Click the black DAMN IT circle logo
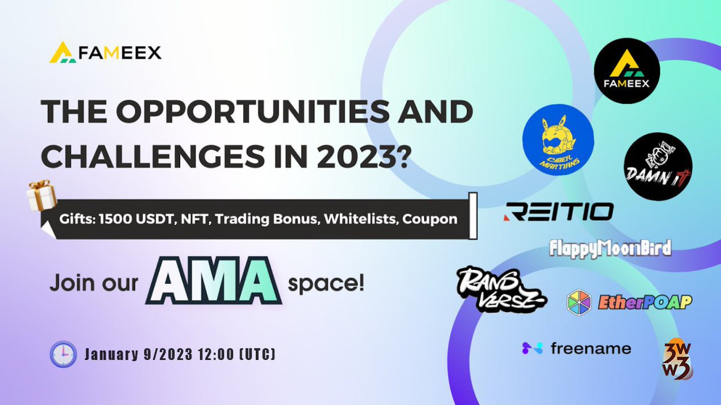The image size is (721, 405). coord(657,166)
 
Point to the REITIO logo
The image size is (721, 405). coord(559,211)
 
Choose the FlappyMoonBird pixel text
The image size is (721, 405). coord(610,248)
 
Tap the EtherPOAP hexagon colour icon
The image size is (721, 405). coord(579,302)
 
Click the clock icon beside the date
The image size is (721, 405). coord(62,355)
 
